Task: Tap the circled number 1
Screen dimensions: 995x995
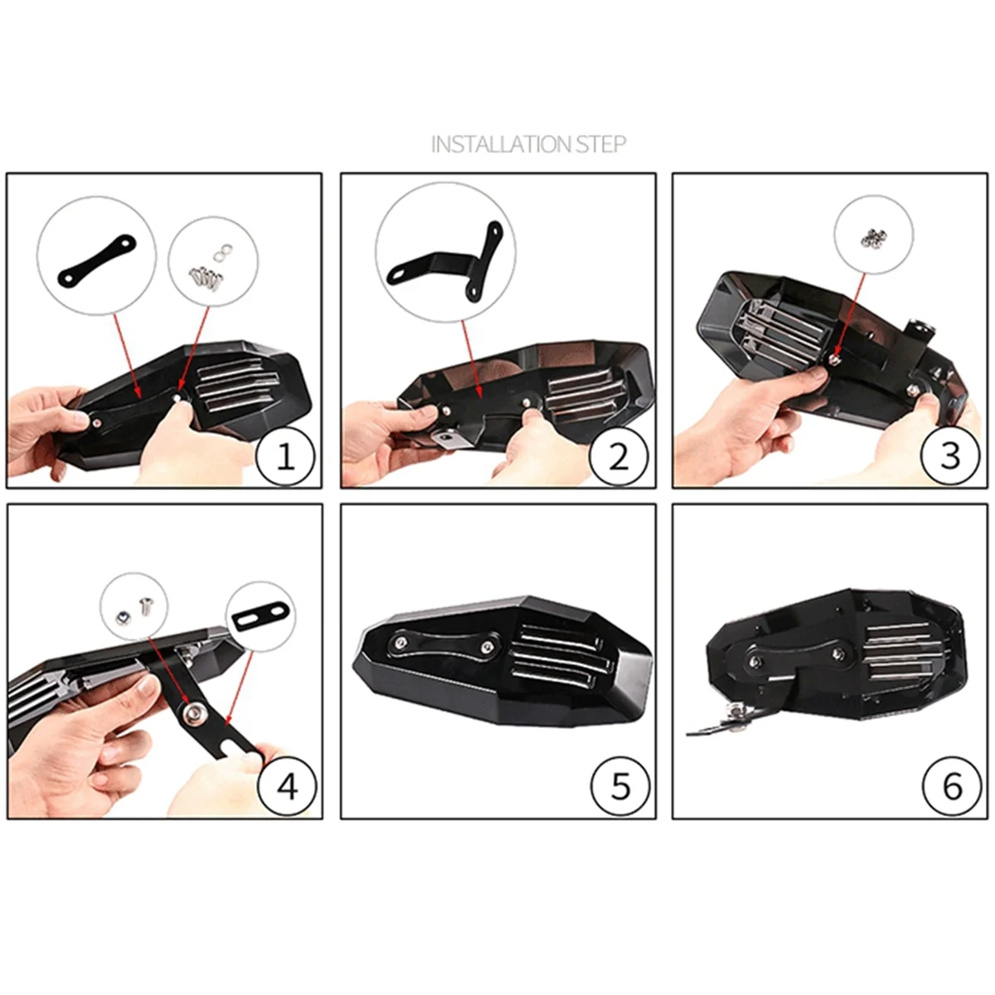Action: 284,455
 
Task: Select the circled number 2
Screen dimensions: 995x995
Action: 619,455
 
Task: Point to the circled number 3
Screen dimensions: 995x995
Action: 950,455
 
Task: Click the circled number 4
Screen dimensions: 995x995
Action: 287,786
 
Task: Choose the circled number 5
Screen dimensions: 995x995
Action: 620,786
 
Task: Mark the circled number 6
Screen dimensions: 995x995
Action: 952,786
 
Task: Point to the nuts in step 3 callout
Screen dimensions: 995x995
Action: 871,237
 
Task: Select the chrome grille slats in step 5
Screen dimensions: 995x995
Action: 557,661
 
